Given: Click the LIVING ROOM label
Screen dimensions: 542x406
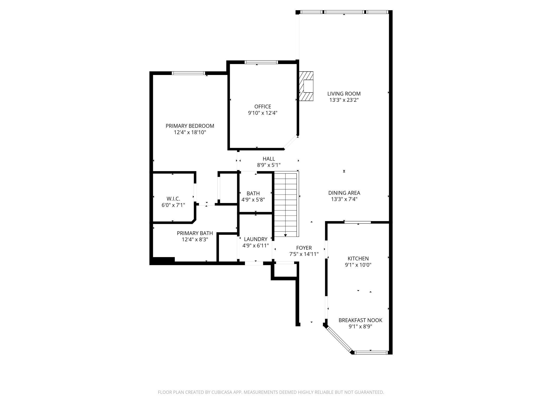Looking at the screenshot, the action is pos(344,94).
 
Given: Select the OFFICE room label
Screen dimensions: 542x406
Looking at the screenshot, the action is pos(263,106).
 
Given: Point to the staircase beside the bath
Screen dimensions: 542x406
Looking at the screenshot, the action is pos(286,204).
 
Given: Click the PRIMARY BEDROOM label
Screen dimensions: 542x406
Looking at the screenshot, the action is pos(190,126).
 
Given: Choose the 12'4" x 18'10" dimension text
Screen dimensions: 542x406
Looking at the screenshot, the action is pos(190,132).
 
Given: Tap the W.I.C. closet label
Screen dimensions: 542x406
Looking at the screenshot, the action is pos(173,199).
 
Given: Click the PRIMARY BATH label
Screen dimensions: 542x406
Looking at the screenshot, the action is pos(195,233).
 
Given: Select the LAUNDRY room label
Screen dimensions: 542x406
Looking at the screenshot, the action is pos(256,239).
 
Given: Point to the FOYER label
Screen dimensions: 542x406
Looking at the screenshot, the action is pos(304,248).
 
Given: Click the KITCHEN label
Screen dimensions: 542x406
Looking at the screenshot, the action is pos(358,258).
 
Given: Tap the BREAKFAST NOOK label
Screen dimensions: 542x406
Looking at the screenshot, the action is pos(360,320).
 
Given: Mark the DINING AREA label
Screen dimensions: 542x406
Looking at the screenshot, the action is pos(344,193).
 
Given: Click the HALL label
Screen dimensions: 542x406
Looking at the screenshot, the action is pos(269,159).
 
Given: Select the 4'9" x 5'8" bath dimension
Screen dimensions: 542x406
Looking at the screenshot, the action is pos(253,200).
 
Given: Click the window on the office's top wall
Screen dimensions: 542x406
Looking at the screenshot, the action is pos(261,62).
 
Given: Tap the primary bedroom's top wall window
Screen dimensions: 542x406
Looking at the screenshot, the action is pos(188,73).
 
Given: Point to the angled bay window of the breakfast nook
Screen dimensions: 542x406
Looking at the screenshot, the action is pos(339,339).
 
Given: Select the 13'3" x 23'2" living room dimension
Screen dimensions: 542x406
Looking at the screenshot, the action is pos(344,100).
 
